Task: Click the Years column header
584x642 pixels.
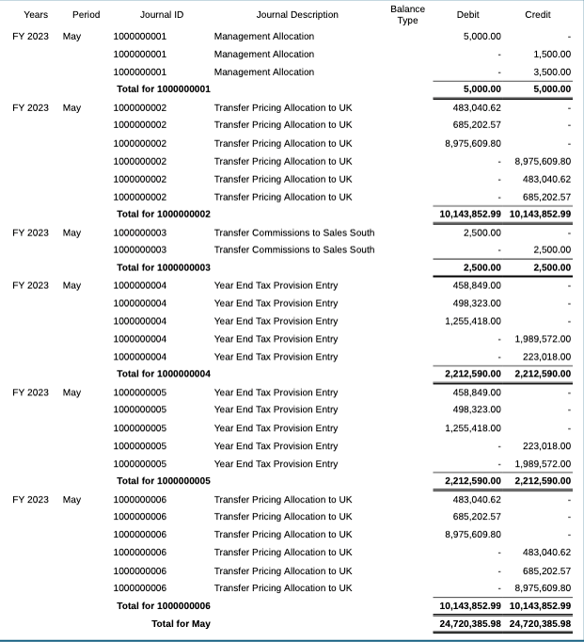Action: point(36,15)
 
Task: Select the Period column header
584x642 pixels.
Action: point(86,15)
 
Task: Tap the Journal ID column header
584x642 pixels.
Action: point(162,15)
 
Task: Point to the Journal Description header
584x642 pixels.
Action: point(296,15)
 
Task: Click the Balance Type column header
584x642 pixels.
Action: point(407,14)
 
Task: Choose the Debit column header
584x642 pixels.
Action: point(467,15)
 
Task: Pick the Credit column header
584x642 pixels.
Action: point(538,15)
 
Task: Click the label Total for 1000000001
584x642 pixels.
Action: point(163,89)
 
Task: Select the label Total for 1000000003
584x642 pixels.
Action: point(163,267)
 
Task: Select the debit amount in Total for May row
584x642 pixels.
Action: point(470,623)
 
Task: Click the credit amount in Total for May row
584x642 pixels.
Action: point(540,623)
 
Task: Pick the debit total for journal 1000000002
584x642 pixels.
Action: point(470,214)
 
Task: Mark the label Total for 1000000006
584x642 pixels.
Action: point(163,605)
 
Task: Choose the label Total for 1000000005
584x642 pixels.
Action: point(163,481)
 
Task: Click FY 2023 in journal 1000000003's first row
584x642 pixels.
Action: point(31,233)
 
